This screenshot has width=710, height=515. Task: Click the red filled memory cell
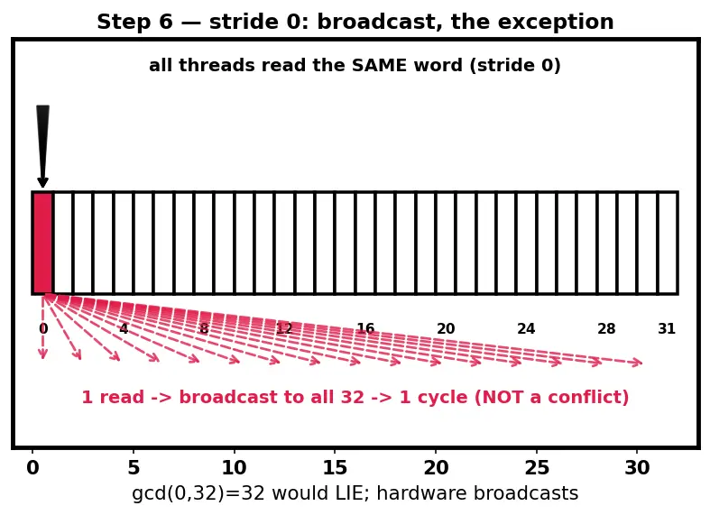click(x=42, y=243)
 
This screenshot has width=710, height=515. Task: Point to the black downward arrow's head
click(x=42, y=182)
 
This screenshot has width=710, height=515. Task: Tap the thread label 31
click(x=667, y=328)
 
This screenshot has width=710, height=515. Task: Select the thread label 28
click(x=606, y=328)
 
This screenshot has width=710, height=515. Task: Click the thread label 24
click(x=526, y=328)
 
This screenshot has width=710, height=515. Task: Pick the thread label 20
click(x=446, y=328)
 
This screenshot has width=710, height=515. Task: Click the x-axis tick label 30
click(x=637, y=467)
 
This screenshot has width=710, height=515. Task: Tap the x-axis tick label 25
click(x=537, y=467)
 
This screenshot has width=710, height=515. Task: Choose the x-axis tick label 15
click(x=335, y=467)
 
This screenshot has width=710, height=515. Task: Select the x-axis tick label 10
click(x=234, y=467)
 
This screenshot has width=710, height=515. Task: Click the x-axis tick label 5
click(x=134, y=467)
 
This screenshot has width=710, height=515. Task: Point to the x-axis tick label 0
click(x=32, y=467)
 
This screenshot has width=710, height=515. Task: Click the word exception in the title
click(x=532, y=22)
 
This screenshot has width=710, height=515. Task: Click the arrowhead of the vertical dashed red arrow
click(x=43, y=354)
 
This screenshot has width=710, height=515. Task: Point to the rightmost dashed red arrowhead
click(x=637, y=362)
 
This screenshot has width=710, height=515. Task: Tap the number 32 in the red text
click(x=354, y=397)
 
